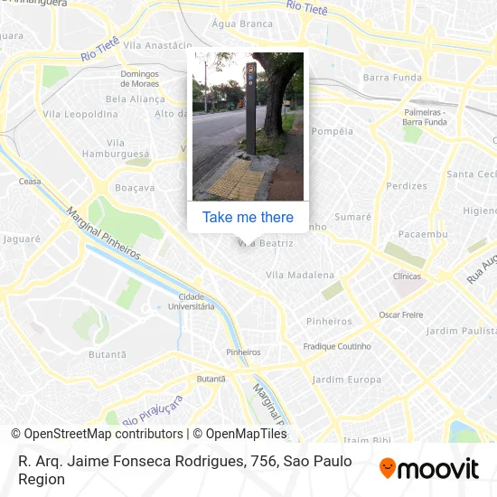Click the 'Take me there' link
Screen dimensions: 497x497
coord(248,217)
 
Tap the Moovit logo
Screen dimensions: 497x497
coord(428,468)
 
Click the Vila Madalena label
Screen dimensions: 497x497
coord(300,275)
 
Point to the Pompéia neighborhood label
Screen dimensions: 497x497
coord(332,131)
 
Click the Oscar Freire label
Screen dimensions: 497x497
coord(401,314)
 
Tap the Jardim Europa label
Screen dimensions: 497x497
coord(347,380)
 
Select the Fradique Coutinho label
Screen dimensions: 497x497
coord(337,346)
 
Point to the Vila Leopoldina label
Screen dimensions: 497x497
coord(80,114)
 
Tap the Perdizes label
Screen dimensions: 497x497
coord(407,186)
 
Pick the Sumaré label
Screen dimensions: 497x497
coord(352,217)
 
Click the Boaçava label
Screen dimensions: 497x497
coord(136,188)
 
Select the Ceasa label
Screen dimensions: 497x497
coord(30,181)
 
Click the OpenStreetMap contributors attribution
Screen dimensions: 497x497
coord(97,434)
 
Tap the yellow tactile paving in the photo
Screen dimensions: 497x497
coord(233,182)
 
